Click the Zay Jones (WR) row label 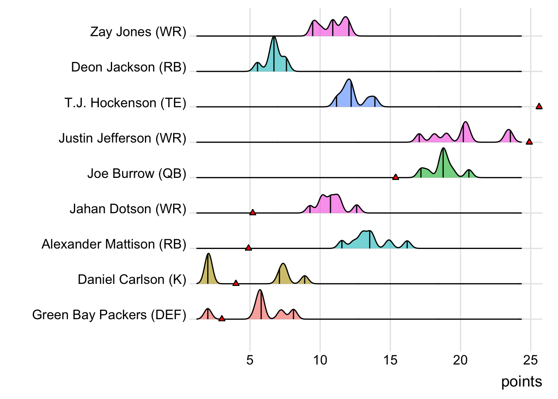(138, 32)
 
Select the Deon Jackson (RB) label (128, 67)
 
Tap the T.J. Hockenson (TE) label (125, 103)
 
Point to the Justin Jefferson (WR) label (122, 138)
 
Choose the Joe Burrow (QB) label (137, 173)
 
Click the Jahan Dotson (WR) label (127, 209)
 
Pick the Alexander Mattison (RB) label (114, 244)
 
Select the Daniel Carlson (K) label (132, 279)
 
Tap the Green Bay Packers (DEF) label (109, 315)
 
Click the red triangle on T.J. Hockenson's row (539, 106)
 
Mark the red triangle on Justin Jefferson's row (529, 142)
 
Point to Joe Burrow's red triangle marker (396, 177)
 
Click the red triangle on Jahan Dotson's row (252, 212)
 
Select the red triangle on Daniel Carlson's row (236, 283)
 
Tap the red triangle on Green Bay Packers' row (222, 318)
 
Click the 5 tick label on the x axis (250, 360)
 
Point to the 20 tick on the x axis (460, 360)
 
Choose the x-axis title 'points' (521, 382)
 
